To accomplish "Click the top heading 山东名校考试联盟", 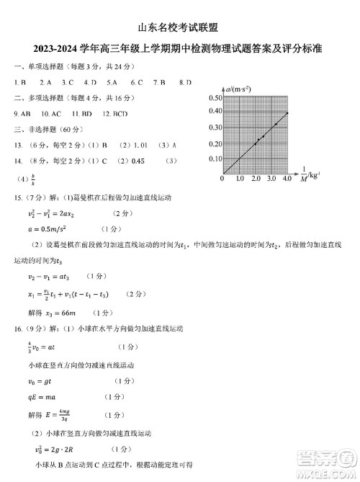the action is click(179, 26).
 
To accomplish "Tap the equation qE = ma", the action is click(44, 397).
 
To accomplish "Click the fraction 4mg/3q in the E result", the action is click(63, 415).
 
